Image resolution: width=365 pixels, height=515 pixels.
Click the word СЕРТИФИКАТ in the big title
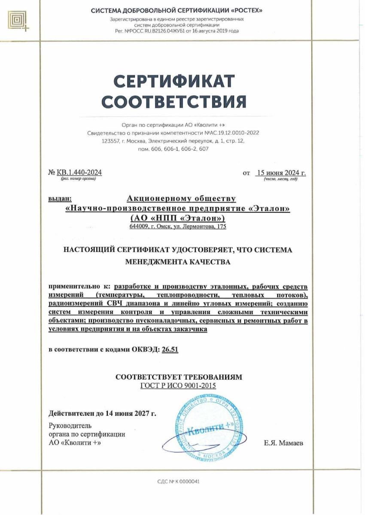[x=175, y=81]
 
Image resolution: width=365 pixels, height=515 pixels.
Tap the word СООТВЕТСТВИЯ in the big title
[x=175, y=102]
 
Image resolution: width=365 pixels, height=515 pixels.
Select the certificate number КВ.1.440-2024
[x=79, y=173]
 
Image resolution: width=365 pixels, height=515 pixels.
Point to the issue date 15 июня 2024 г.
[x=280, y=173]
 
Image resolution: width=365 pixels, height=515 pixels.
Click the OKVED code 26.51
[x=170, y=349]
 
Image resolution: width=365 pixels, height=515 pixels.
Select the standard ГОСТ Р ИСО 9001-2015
[x=178, y=385]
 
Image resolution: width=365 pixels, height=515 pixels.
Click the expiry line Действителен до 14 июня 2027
[x=102, y=414]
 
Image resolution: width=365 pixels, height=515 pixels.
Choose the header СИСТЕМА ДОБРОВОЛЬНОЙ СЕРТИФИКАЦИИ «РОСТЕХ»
[x=177, y=11]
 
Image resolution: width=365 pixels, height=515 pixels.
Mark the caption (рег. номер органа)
[x=79, y=178]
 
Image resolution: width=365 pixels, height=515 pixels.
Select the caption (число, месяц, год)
[x=280, y=179]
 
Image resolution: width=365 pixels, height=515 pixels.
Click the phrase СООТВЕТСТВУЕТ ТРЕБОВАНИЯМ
[x=179, y=377]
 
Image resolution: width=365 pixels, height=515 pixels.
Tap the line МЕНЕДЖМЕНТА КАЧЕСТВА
[x=178, y=262]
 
